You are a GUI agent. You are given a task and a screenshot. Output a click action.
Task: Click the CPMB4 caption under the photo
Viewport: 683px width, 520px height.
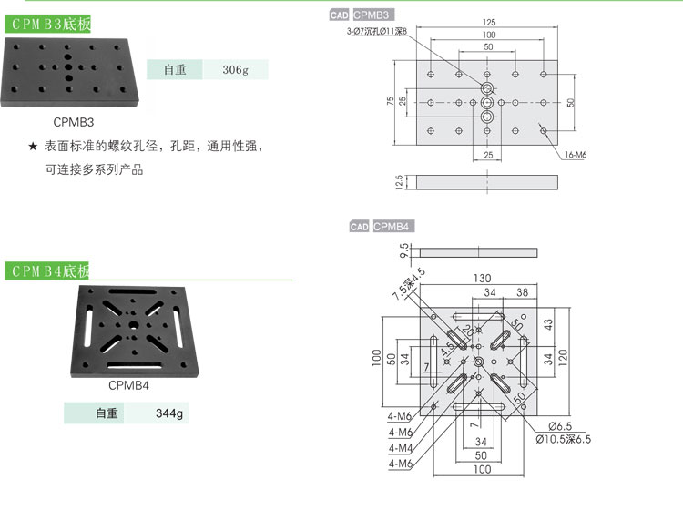128,384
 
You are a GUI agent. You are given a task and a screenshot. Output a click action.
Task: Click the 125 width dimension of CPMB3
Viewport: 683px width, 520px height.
489,22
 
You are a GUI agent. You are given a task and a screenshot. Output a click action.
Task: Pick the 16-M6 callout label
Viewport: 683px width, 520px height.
575,156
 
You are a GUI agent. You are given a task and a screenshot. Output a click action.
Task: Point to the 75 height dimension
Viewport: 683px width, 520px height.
391,102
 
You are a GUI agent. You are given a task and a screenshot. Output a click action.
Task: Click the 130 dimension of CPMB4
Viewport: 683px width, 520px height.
482,278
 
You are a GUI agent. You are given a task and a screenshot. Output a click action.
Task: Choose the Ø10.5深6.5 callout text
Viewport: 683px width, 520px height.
563,439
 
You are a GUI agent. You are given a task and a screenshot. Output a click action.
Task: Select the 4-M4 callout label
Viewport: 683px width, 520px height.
401,448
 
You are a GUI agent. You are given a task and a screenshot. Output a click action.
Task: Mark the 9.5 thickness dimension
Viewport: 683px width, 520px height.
402,250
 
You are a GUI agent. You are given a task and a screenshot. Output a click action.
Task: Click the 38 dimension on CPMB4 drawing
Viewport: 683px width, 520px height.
522,292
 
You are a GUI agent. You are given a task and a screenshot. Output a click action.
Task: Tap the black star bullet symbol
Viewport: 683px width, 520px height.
33,147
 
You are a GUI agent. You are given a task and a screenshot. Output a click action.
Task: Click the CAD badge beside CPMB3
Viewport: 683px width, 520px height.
339,15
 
